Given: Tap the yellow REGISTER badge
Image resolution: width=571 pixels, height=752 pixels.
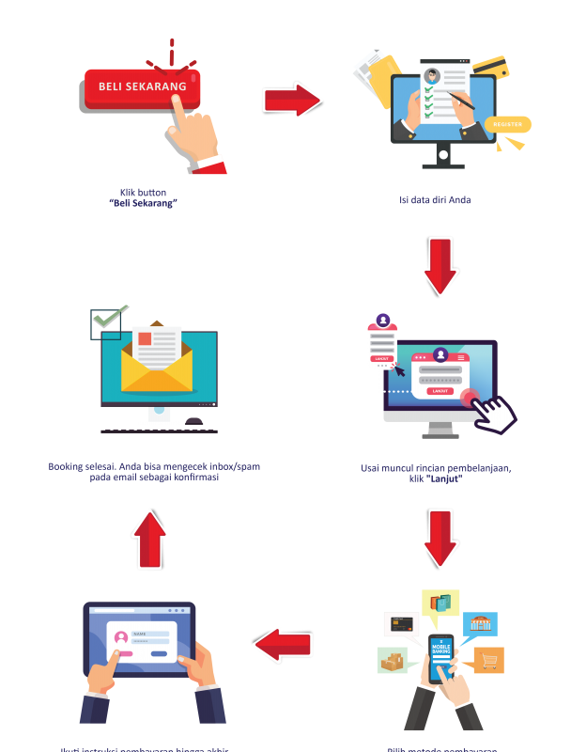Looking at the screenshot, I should click(x=508, y=124).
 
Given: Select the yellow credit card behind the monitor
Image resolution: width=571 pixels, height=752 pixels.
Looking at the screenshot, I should click(x=491, y=68).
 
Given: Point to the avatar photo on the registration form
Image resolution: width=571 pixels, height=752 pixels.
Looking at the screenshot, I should click(x=432, y=75).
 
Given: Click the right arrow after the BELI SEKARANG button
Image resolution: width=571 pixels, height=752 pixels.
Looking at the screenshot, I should click(x=292, y=100).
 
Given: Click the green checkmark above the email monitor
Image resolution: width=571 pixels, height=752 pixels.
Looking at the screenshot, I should click(x=108, y=322).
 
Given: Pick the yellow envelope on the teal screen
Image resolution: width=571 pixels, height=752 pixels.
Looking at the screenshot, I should click(x=159, y=371).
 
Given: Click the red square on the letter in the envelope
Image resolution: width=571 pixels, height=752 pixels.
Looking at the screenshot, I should click(x=145, y=337).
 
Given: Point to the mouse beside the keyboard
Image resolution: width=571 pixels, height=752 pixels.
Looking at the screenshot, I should click(x=194, y=420).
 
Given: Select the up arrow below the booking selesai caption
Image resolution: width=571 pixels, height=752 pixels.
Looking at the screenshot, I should click(x=149, y=539).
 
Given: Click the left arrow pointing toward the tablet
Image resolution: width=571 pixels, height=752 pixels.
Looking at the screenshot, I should click(x=283, y=644).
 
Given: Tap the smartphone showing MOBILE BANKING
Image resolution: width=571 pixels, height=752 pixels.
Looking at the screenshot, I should click(x=440, y=658).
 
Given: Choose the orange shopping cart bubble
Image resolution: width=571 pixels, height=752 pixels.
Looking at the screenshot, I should click(x=488, y=660).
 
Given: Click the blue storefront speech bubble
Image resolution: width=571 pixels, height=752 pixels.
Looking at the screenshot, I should click(x=480, y=623).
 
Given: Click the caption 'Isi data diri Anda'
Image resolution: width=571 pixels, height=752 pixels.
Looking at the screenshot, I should click(x=435, y=200).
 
